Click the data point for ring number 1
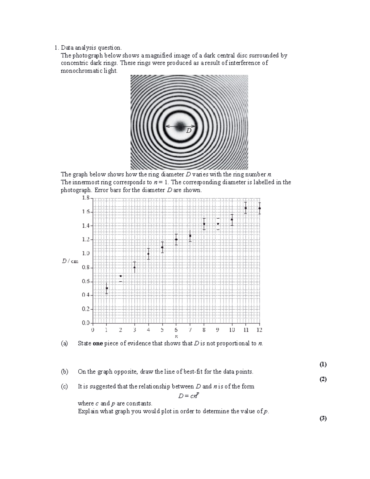(107, 288)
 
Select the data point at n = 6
(176, 239)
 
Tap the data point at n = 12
(260, 208)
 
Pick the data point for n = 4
(148, 254)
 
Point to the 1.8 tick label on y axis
(85, 198)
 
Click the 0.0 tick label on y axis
(85, 323)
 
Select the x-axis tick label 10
(232, 330)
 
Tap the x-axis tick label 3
(134, 330)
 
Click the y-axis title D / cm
(70, 261)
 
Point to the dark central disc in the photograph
(180, 126)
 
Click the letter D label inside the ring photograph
(189, 131)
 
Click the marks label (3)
(323, 418)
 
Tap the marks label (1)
(323, 364)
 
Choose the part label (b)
(64, 372)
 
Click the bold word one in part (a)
(97, 343)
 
